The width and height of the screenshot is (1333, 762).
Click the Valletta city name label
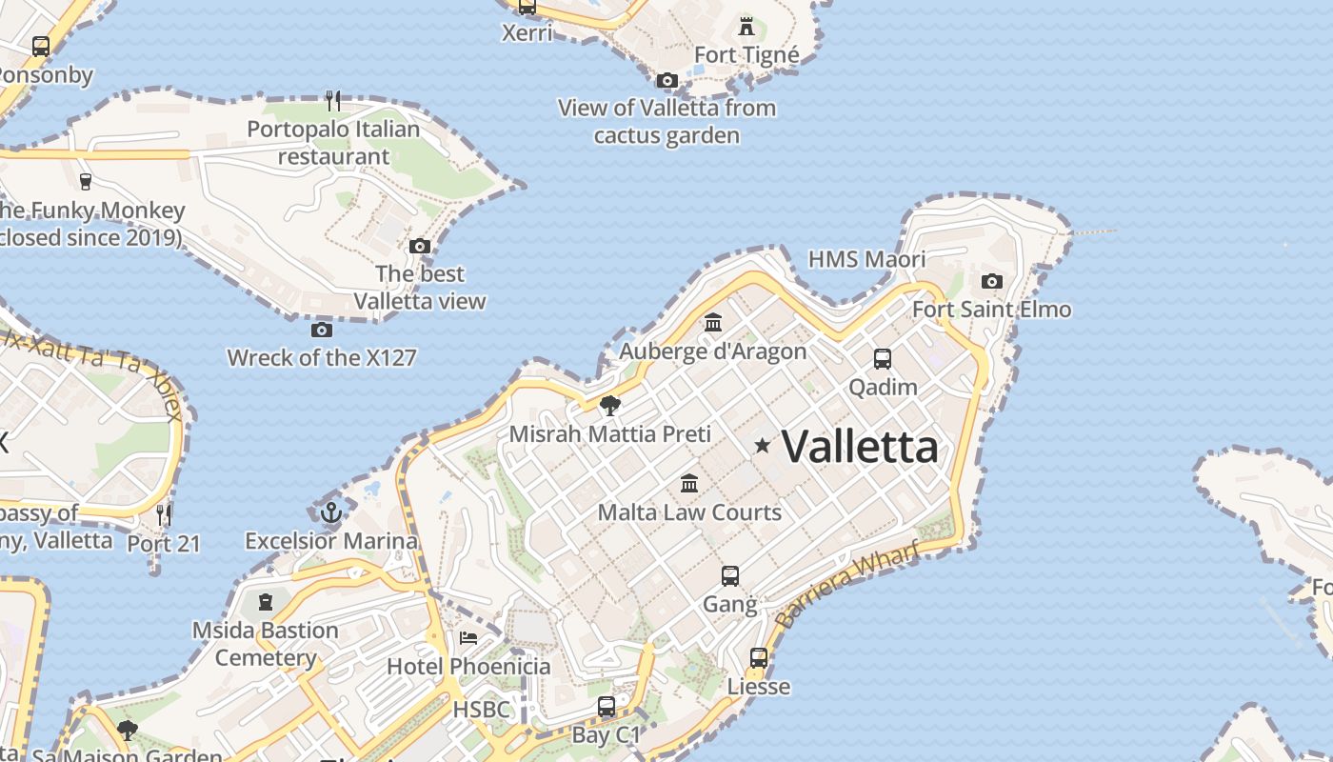tap(860, 446)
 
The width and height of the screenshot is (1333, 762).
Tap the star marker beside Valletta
tap(763, 445)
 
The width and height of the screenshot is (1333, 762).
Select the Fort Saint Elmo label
tap(991, 310)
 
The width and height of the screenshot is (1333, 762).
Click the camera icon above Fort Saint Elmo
tap(992, 281)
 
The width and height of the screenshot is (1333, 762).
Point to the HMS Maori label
tap(866, 259)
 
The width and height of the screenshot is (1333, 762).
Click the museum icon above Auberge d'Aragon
tap(713, 323)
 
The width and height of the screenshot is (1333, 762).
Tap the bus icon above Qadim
tap(883, 359)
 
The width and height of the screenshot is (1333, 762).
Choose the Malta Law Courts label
tap(689, 511)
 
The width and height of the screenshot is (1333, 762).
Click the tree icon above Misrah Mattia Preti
tap(610, 407)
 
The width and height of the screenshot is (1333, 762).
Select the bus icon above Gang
tap(730, 575)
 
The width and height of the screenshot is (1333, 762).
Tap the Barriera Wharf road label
tap(848, 583)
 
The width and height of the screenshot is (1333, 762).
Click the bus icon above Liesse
tap(759, 657)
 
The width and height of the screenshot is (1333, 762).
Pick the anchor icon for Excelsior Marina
tap(331, 513)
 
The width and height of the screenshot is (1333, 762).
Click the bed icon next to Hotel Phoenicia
tap(468, 637)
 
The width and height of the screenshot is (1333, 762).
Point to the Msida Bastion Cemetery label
tap(266, 644)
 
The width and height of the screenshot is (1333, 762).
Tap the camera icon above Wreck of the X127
tap(322, 330)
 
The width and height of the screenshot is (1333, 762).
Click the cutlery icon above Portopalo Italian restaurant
tap(333, 100)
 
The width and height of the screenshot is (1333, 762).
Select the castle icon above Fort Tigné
tap(746, 26)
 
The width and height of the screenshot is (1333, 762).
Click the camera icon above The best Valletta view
tap(420, 246)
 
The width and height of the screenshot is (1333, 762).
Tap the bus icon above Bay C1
tap(607, 707)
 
